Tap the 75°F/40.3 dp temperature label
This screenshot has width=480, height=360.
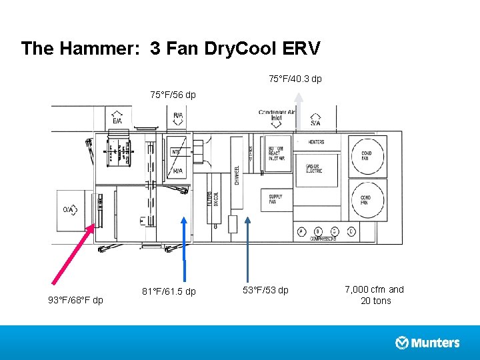(295, 79)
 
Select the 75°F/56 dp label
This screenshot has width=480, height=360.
(173, 95)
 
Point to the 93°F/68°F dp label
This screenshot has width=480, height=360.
(75, 300)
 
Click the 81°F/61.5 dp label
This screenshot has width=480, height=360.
(169, 291)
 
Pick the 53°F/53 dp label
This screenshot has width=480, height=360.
(266, 290)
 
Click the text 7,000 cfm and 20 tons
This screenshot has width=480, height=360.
(374, 295)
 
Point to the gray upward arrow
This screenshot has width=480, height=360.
(299, 110)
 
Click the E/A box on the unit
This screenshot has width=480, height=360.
(117, 118)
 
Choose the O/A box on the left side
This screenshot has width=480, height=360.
(70, 209)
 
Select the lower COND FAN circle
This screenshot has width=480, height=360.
(366, 199)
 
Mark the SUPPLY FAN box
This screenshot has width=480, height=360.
(276, 199)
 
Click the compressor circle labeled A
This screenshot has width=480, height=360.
(301, 231)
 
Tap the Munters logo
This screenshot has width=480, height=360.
(427, 343)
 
